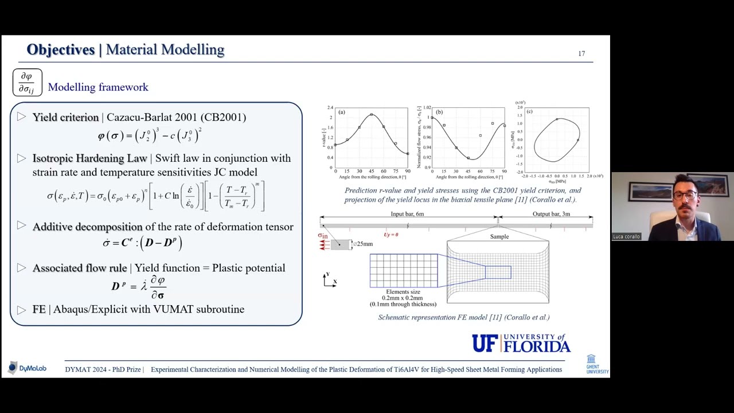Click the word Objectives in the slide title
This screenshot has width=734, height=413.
60,50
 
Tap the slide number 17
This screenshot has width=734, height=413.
581,53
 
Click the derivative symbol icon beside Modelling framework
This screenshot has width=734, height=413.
27,83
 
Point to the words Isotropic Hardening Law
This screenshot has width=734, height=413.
89,158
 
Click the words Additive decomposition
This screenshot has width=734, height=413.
87,227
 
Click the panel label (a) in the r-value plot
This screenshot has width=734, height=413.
342,112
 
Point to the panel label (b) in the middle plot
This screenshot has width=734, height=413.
439,112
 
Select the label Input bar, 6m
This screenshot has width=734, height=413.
407,214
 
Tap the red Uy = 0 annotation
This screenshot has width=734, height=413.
391,235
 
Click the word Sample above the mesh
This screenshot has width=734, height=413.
499,236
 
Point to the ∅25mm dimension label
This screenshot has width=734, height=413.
362,244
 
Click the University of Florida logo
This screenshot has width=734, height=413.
521,343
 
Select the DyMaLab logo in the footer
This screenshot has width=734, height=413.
27,368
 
